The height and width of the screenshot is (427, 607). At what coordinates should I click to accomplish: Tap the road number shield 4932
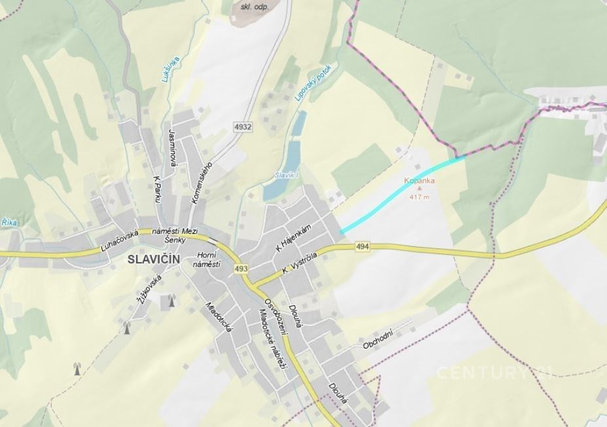point(242,126)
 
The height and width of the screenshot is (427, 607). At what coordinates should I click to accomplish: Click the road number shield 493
point(241,269)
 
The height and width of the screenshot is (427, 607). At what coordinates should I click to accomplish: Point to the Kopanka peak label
point(420,181)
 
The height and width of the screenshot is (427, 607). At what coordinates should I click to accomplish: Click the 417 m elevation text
point(420,196)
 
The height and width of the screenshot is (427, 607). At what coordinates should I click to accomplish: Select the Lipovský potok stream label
point(313,82)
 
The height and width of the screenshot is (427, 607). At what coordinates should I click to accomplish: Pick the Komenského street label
point(204,183)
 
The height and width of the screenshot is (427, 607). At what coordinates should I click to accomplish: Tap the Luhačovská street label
point(120,240)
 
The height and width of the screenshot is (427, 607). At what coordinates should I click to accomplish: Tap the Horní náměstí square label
point(207,259)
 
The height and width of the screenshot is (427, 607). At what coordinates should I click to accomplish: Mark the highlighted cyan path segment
point(401,193)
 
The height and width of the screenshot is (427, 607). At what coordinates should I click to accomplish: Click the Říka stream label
point(9,223)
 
